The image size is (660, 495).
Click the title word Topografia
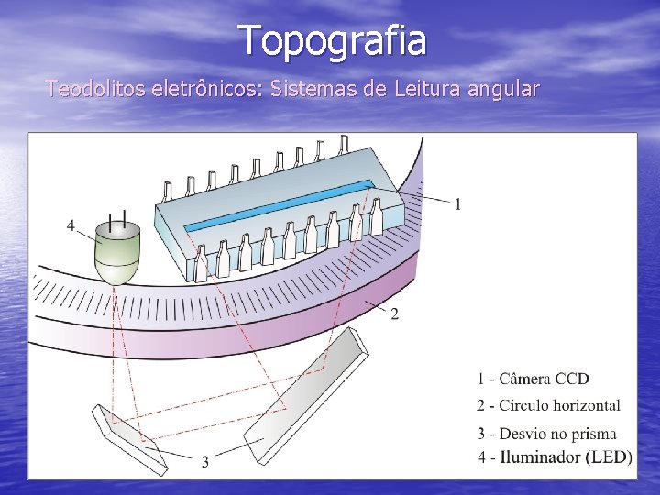point(332,40)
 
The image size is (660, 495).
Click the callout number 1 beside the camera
point(457,203)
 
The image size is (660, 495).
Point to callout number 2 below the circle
point(394,315)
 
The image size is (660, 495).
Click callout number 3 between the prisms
point(204,462)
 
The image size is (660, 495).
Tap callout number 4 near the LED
point(71,225)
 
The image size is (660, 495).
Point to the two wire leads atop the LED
point(117,219)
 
